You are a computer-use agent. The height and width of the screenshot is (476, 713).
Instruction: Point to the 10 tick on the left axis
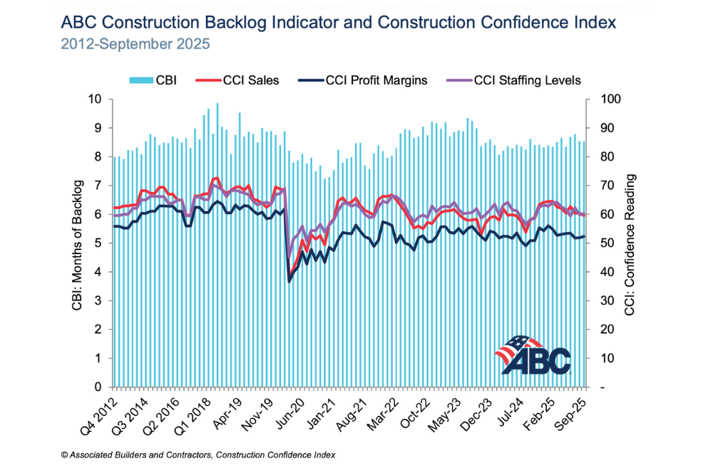coord(98,99)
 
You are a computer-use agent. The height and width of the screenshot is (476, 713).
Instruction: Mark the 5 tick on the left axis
coord(100,243)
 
